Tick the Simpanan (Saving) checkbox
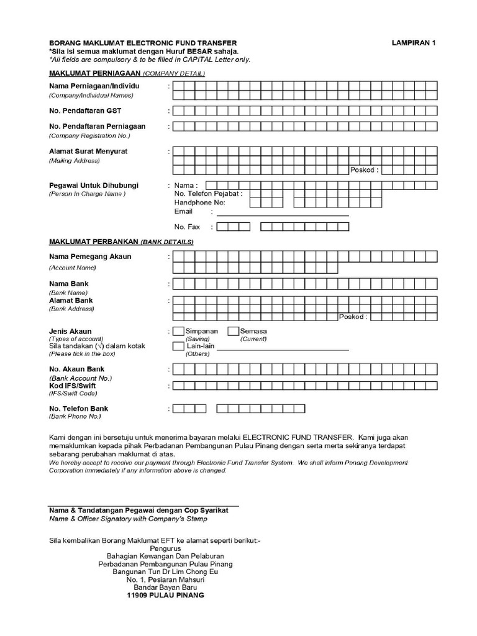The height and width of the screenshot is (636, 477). [178, 332]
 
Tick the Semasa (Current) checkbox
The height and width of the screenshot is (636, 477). [234, 332]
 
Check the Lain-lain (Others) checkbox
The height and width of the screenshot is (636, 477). [178, 346]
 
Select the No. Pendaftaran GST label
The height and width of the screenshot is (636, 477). [85, 111]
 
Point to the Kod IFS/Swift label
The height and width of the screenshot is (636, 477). [73, 386]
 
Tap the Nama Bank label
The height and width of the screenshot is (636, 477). [69, 284]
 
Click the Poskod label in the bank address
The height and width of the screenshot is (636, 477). [353, 317]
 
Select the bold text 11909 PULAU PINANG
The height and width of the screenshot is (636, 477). [165, 594]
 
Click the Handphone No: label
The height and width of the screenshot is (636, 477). [200, 202]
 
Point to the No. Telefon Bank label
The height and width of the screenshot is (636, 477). [79, 409]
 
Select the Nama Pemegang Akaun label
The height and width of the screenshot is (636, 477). [90, 257]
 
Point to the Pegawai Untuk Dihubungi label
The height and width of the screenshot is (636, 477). [94, 185]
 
